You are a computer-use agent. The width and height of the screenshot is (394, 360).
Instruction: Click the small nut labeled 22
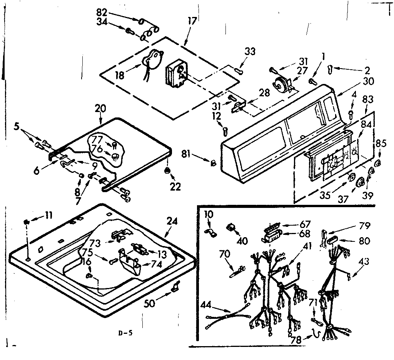click(167, 171)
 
